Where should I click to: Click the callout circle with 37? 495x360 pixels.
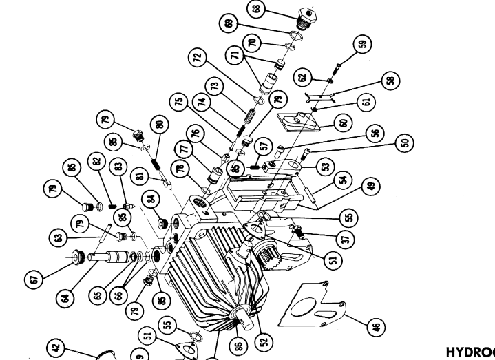point(346,238)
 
